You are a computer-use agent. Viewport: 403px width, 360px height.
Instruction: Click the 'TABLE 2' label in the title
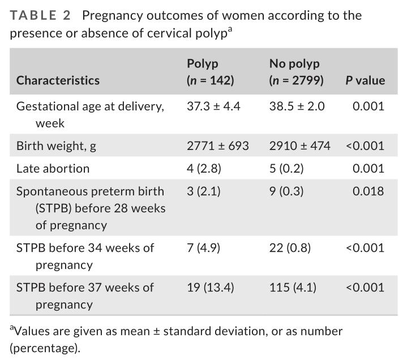(41, 15)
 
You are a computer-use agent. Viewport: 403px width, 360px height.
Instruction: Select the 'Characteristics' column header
(58, 80)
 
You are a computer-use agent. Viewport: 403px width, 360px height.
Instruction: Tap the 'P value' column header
(365, 80)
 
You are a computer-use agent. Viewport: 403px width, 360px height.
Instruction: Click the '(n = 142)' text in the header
(210, 80)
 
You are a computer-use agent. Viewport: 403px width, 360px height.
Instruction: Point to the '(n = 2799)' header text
(297, 80)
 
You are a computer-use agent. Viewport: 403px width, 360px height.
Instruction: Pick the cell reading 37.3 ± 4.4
(213, 106)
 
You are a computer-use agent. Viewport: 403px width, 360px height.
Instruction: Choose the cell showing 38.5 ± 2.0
(297, 106)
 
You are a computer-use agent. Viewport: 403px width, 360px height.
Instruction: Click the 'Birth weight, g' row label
(56, 145)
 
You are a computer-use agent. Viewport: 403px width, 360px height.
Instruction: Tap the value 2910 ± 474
(300, 145)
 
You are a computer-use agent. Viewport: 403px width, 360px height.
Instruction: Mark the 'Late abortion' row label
(53, 168)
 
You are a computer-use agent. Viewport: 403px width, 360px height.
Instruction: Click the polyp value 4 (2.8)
(203, 168)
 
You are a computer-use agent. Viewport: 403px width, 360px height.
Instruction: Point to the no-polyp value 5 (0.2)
(286, 168)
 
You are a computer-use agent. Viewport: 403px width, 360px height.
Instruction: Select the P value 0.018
(368, 191)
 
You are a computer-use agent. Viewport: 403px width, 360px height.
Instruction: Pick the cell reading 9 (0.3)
(286, 191)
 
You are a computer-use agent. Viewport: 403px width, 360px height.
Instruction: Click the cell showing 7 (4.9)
(203, 247)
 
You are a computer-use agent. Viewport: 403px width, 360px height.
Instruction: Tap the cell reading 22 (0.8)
(290, 247)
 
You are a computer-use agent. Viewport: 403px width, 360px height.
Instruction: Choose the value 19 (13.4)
(210, 287)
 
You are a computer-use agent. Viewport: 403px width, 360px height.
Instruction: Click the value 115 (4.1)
(293, 287)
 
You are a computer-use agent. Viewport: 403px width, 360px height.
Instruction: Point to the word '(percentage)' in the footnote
(45, 348)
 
